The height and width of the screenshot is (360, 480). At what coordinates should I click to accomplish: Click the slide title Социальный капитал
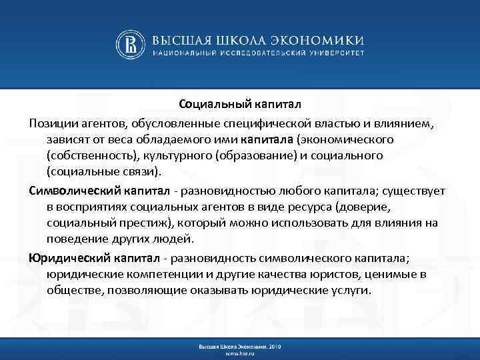[240, 104]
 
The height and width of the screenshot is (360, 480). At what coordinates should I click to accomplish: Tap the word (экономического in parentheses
[345, 139]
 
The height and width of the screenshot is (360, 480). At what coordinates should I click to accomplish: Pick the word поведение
[75, 239]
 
